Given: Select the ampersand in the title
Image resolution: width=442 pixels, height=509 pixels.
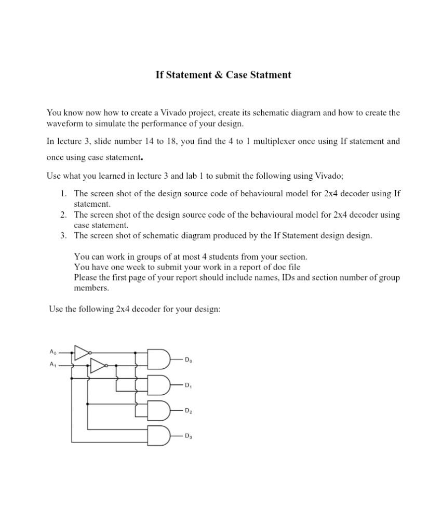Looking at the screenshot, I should (x=218, y=75).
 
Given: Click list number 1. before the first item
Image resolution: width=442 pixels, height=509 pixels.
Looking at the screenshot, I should (x=63, y=194).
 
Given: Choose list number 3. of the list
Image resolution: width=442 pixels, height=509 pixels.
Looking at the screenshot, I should (x=63, y=236).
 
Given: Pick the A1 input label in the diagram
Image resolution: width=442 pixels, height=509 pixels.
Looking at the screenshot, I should (x=52, y=365).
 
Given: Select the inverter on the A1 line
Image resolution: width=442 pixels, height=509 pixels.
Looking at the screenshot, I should (x=98, y=366).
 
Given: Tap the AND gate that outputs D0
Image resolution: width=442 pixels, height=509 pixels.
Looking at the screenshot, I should (x=159, y=359).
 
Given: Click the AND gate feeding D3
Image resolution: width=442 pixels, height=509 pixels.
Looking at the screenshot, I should (x=159, y=436).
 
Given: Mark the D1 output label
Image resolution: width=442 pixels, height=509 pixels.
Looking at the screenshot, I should (x=188, y=385).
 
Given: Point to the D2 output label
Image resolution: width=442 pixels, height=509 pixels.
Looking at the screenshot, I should (x=188, y=411).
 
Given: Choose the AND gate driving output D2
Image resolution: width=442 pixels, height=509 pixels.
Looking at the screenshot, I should (x=159, y=410).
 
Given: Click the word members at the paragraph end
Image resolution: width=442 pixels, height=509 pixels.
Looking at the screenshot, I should (x=91, y=288).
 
